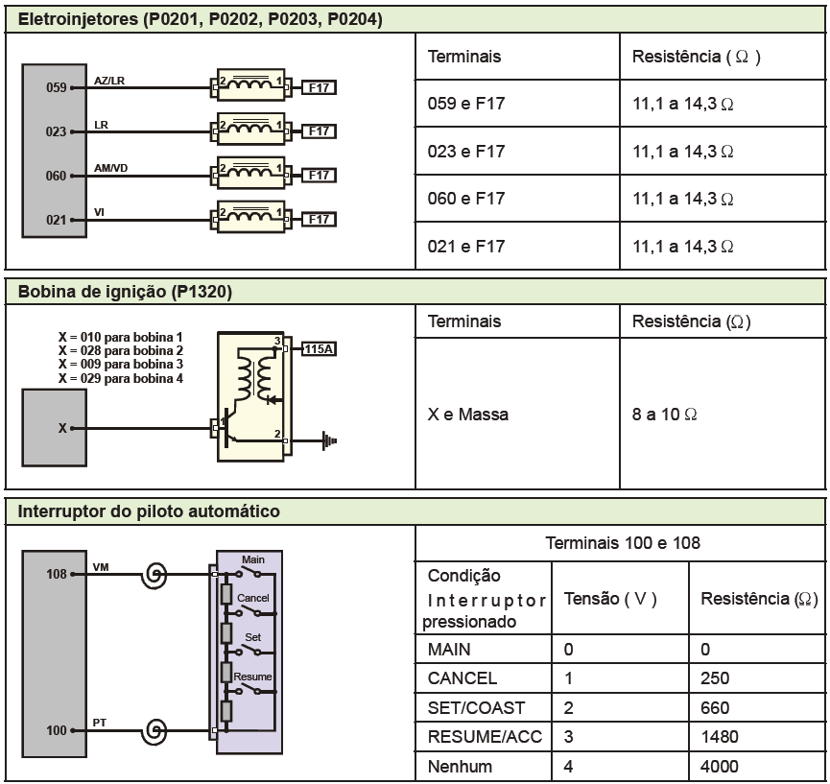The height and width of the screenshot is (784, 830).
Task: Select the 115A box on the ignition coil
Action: coord(318,348)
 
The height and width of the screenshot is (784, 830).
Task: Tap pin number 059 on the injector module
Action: coord(57,87)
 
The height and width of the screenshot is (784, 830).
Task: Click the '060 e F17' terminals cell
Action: coord(466,199)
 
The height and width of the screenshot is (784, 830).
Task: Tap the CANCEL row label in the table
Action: coord(462,678)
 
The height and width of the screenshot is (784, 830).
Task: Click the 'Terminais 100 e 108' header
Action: coord(622,543)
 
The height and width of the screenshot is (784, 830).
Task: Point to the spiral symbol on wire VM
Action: coord(153,576)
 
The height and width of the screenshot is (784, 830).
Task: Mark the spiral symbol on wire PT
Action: coord(153,732)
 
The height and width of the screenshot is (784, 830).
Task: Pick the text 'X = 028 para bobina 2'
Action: coord(120,351)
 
